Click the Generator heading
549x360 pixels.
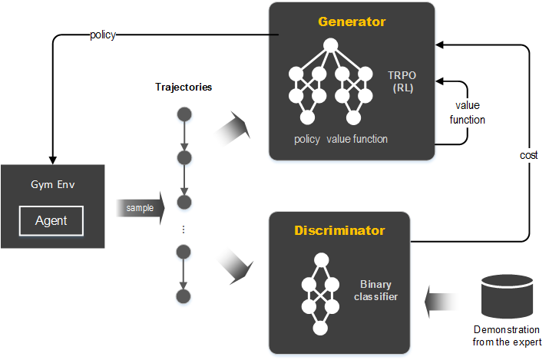pos(351,21)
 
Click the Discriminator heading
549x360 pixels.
pos(340,230)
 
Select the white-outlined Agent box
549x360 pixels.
pos(51,221)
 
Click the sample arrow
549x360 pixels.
pos(141,208)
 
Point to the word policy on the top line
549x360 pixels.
pos(103,35)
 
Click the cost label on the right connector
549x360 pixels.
pos(528,155)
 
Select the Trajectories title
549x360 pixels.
pos(184,87)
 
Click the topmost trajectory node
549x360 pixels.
pos(184,114)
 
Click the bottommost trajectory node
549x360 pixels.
pos(184,296)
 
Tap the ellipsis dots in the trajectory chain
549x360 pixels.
pos(184,230)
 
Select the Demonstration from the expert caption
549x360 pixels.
pos(508,335)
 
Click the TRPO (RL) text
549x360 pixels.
pos(402,80)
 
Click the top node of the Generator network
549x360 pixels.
pos(330,46)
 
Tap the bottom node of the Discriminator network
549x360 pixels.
pos(319,329)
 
